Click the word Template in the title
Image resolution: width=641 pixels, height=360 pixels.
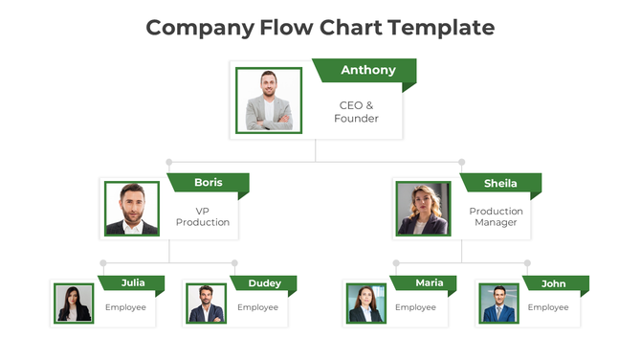click(441, 27)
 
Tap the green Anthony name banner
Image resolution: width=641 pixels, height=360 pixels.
click(366, 70)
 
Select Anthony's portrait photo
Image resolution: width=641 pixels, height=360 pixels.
click(269, 100)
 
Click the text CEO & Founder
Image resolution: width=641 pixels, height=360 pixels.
click(356, 112)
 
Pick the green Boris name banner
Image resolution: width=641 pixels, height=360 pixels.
click(208, 182)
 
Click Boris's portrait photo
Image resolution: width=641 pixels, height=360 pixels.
click(132, 209)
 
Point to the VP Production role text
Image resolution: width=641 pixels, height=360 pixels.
click(203, 216)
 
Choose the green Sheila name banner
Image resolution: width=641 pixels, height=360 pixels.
click(500, 183)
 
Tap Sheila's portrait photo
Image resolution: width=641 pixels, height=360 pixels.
click(424, 209)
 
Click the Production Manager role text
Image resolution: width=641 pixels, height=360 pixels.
click(496, 216)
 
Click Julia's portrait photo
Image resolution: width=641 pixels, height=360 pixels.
click(74, 304)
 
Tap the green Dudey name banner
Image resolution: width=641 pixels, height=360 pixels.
click(264, 283)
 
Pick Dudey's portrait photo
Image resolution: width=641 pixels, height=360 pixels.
click(206, 304)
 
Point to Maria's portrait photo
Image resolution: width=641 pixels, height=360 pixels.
click(365, 304)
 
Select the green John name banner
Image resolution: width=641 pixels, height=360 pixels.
click(553, 283)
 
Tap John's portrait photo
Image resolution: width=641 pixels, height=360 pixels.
click(498, 304)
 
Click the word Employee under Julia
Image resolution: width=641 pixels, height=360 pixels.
click(125, 307)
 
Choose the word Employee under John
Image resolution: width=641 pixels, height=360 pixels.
click(548, 307)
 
